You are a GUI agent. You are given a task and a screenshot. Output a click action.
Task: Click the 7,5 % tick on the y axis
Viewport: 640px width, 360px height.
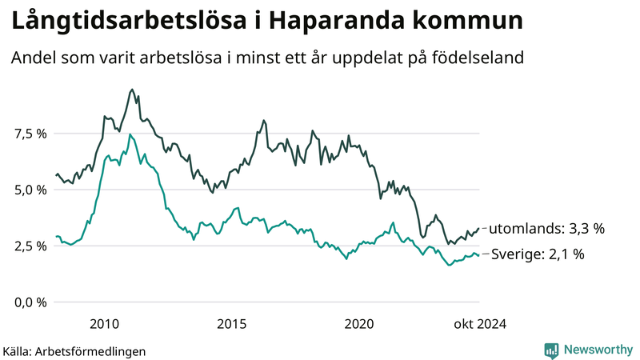click(x=29, y=134)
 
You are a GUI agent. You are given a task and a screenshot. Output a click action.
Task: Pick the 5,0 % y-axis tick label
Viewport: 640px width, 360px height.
click(x=29, y=190)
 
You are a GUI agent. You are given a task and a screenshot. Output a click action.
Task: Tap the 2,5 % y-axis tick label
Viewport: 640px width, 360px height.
click(x=29, y=246)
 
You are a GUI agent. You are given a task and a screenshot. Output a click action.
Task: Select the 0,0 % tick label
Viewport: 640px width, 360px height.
click(x=29, y=302)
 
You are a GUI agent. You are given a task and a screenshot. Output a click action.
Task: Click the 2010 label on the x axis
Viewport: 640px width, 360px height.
click(x=105, y=323)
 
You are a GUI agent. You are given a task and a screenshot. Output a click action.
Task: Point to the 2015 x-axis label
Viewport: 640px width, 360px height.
click(x=232, y=323)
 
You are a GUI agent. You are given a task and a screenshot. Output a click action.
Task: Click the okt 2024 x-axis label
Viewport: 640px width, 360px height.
click(x=480, y=323)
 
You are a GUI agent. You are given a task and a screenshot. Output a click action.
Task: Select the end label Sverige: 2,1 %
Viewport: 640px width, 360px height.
click(x=538, y=254)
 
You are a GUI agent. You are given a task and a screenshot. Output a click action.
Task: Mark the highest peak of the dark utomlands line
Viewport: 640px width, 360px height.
click(x=131, y=90)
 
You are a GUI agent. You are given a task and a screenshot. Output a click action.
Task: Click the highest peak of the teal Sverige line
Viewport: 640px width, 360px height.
click(x=130, y=134)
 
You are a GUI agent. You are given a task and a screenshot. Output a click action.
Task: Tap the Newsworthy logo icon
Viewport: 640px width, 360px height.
click(x=552, y=350)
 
